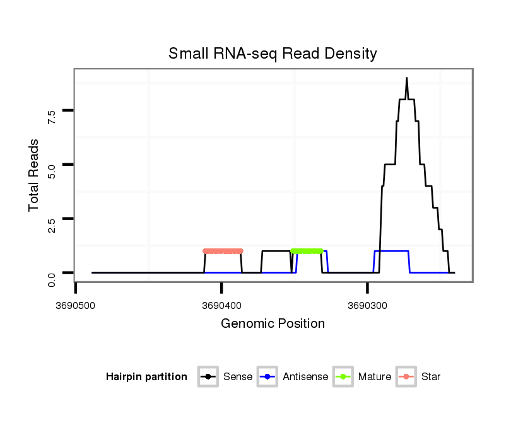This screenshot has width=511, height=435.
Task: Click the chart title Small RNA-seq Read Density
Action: pos(273,54)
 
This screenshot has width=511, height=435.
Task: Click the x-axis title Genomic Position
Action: pos(273,324)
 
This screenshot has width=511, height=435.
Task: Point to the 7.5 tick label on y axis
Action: pos(52,115)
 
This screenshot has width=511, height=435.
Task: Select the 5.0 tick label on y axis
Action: pos(52,170)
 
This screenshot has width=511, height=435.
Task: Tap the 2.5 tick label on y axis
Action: pos(52,224)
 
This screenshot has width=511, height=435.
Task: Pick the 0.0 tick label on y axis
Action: pos(52,279)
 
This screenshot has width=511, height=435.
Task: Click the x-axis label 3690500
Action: pos(76,305)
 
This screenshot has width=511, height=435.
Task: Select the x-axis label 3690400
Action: pos(222,305)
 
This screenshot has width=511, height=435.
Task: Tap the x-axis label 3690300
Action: pos(368,305)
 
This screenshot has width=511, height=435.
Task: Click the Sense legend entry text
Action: pos(238,377)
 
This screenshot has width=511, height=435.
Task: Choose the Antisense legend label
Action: pos(305,377)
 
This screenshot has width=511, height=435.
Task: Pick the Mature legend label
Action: pos(374,377)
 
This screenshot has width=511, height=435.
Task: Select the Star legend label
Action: pos(431,377)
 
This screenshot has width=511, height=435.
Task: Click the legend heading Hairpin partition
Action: pos(146,377)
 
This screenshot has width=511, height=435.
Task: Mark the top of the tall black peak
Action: pos(407,78)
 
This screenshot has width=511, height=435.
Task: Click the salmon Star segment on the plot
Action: pos(223,251)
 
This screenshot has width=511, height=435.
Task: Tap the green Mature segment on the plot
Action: pos(307,251)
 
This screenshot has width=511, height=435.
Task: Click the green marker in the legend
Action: pos(343,377)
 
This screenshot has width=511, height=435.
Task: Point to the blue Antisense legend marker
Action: pos(268,377)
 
